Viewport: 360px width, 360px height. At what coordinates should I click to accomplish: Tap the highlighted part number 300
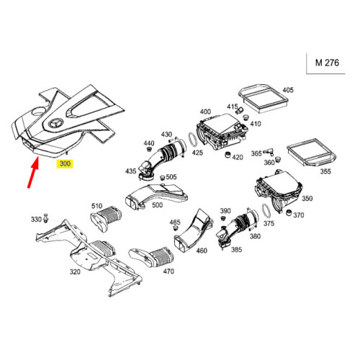point(66,164)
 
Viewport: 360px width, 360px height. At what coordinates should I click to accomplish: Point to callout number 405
point(288,90)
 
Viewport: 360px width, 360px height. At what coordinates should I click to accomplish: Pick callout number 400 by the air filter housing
point(205,112)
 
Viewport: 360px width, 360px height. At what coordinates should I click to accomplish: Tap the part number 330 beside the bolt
point(36,219)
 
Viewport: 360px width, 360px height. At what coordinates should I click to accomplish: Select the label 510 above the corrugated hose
point(96,205)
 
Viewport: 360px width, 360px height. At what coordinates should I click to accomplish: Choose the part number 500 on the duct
point(157,204)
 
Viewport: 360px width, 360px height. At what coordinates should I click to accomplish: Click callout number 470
point(168,271)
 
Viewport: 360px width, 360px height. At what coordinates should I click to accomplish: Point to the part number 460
point(201,251)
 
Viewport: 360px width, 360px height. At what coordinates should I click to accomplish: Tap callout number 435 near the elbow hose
point(131,171)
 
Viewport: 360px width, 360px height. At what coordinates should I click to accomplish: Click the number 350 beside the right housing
point(307,198)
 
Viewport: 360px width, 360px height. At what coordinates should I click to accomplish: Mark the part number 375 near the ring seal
point(270,223)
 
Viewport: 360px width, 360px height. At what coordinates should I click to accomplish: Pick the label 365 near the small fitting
point(256,153)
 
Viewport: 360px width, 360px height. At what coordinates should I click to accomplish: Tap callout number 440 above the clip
point(150,143)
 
